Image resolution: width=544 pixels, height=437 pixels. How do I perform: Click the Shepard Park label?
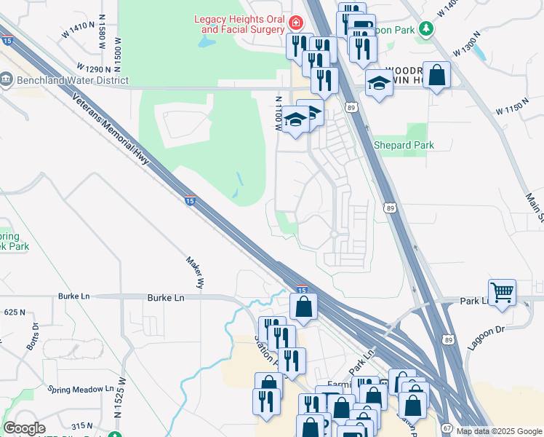(x=404, y=145)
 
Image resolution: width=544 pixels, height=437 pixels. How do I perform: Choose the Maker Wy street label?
(x=193, y=269)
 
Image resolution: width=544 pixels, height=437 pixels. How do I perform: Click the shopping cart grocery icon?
(x=502, y=293)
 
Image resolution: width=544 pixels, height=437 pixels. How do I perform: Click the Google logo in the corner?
(x=24, y=428)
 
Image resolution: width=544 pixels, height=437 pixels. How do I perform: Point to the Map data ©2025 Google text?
(x=499, y=431)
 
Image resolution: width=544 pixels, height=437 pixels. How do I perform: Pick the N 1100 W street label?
(x=278, y=113)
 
